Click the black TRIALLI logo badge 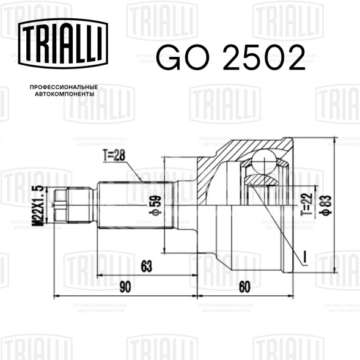pos(63,43)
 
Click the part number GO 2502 pos(231,57)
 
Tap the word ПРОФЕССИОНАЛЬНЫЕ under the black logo pos(64,87)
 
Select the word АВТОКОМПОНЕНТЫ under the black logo pos(65,94)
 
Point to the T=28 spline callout pos(114,155)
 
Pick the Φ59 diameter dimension pos(155,205)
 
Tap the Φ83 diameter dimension pos(326,205)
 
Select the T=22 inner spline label pos(307,204)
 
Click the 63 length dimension pos(147,266)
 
